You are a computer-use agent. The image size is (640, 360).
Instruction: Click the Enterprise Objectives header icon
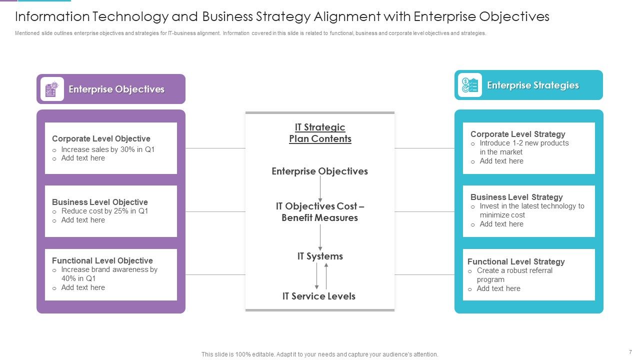point(52,89)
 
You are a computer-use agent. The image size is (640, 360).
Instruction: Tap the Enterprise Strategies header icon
point(469,85)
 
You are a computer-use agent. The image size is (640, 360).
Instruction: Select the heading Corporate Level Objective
point(101,138)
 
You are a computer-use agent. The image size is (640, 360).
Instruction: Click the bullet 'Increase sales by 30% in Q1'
point(107,149)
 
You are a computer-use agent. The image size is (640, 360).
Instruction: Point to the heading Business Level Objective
point(99,202)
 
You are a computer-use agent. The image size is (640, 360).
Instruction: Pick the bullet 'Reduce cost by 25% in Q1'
point(104,211)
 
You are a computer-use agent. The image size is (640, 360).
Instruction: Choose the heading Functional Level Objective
point(102,260)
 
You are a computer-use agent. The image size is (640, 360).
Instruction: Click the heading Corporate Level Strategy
point(517,134)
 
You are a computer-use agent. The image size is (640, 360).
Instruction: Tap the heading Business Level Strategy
point(516,197)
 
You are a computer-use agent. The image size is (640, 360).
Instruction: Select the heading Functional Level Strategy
point(516,261)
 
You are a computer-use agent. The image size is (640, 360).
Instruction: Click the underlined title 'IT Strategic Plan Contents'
point(320,133)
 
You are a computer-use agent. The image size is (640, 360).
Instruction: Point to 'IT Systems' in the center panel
point(320,256)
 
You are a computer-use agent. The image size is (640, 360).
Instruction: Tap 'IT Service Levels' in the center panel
point(319,296)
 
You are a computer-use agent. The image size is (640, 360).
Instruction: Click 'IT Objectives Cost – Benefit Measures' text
point(320,212)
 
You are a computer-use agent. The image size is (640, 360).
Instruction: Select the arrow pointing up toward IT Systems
point(326,276)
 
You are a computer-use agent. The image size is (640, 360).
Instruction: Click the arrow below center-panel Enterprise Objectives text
point(320,189)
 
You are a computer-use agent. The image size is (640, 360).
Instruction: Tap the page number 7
point(630,352)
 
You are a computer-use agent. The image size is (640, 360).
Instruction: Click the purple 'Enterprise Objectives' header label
point(116,89)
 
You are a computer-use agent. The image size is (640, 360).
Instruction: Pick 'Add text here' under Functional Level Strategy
point(498,288)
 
